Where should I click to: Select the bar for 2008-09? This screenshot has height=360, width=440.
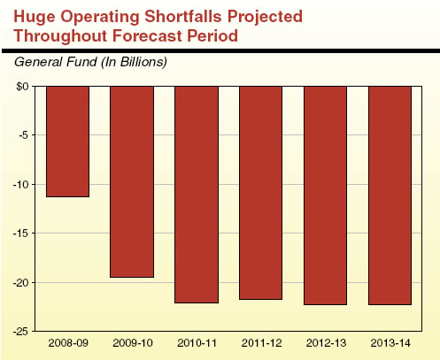point(68,141)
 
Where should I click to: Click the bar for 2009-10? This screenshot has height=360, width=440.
point(132,181)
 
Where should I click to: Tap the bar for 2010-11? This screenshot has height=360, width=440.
point(197,194)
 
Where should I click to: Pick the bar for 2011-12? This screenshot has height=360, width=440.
point(261,192)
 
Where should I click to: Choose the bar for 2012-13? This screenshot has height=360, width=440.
point(325,195)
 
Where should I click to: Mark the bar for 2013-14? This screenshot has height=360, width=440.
point(390,195)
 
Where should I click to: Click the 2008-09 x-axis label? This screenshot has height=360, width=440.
point(68,343)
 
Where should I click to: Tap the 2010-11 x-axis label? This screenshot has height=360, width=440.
point(197,343)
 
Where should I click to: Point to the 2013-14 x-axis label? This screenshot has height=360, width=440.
point(390,343)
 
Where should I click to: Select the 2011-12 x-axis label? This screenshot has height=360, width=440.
point(261,343)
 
